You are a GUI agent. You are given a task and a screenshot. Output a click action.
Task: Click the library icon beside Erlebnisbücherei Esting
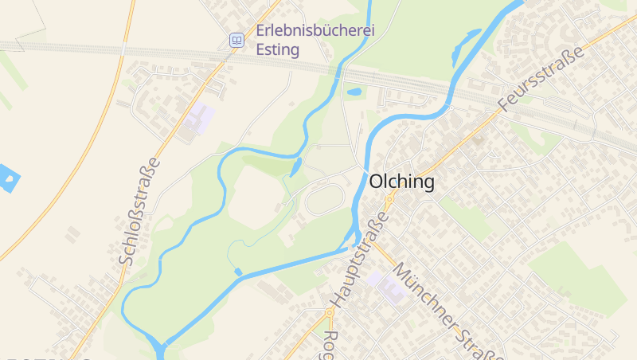pos(236,40)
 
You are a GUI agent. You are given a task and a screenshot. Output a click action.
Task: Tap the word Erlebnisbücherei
pos(315,32)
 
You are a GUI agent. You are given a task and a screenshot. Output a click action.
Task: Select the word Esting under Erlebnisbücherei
pos(278,50)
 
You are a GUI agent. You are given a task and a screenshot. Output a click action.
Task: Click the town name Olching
pos(402,182)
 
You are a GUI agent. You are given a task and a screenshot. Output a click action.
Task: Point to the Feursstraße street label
pos(541,77)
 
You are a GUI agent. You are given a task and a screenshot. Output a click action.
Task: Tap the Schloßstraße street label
pos(139,211)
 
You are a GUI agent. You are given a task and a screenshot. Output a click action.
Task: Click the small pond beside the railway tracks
pos(355,92)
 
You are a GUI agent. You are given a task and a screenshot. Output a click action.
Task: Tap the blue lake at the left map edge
pos(6,179)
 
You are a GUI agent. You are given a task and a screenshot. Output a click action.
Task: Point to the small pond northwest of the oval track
pos(296,166)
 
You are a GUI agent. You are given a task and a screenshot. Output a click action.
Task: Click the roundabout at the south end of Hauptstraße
pos(328,312)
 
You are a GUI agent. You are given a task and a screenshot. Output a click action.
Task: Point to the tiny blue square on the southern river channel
pos(238,272)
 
